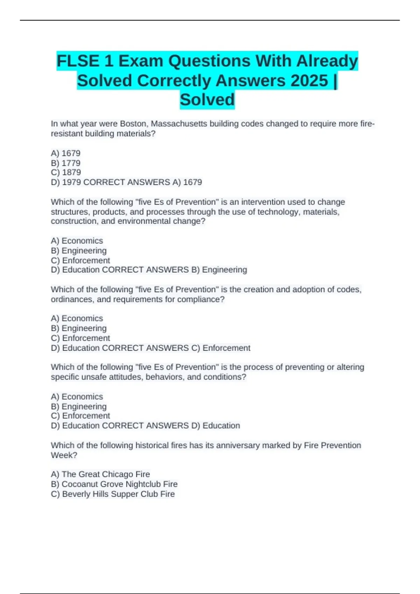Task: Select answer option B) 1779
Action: coord(66,163)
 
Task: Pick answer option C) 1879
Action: coord(66,172)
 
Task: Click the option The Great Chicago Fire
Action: coord(100,474)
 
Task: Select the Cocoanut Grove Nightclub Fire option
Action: coord(114,484)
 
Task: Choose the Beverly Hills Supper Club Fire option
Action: coord(113,494)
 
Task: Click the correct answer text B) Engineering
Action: coord(219,270)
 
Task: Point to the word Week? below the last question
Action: coord(64,455)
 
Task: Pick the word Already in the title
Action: coord(327,61)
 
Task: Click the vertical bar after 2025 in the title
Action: coord(336,81)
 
